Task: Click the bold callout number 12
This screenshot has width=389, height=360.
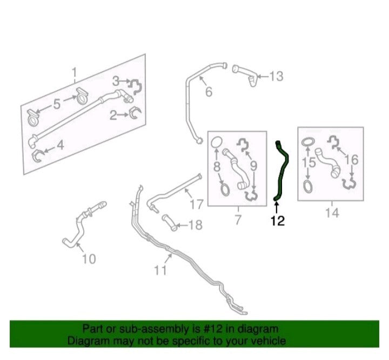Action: (278, 221)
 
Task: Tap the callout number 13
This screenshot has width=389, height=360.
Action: (276, 76)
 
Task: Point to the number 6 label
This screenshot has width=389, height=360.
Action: (209, 92)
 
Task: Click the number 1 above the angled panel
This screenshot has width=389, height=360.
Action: (74, 73)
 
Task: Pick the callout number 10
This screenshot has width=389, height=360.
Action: (89, 259)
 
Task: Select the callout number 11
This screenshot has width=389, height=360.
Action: (160, 270)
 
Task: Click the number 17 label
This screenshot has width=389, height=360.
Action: (197, 204)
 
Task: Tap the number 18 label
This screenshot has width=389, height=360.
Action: (196, 225)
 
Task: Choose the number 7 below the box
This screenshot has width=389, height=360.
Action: (238, 220)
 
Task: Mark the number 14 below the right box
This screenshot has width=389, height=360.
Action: (332, 213)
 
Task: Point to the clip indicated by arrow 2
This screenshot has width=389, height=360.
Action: (136, 113)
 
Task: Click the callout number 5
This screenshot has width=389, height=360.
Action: (57, 104)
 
